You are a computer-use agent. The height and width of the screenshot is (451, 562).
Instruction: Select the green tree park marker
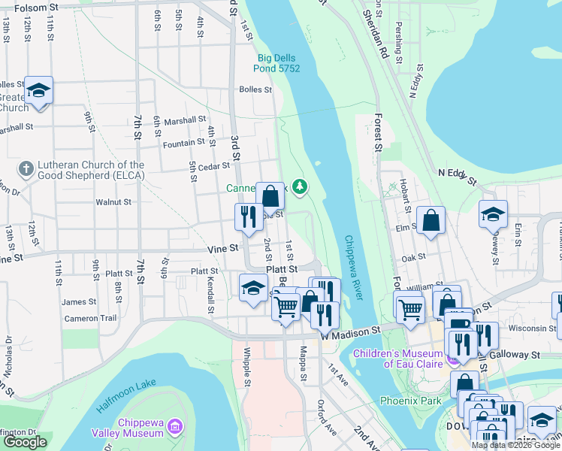click(301, 186)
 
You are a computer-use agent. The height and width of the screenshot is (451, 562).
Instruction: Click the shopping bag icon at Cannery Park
click(270, 196)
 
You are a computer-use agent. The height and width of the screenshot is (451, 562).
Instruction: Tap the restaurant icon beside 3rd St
click(249, 217)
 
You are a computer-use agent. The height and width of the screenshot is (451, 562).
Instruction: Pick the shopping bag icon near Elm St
click(431, 220)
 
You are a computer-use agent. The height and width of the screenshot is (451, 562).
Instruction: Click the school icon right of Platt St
click(254, 287)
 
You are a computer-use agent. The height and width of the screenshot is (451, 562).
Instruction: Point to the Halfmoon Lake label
click(126, 397)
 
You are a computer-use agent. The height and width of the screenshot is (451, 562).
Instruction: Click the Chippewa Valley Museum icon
click(175, 427)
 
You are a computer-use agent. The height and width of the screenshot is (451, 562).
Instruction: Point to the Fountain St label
click(183, 144)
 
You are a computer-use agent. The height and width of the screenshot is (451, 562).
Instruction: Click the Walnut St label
click(113, 202)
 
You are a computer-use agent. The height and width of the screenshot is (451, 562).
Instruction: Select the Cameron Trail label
click(90, 318)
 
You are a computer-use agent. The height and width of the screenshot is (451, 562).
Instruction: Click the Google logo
click(25, 442)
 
